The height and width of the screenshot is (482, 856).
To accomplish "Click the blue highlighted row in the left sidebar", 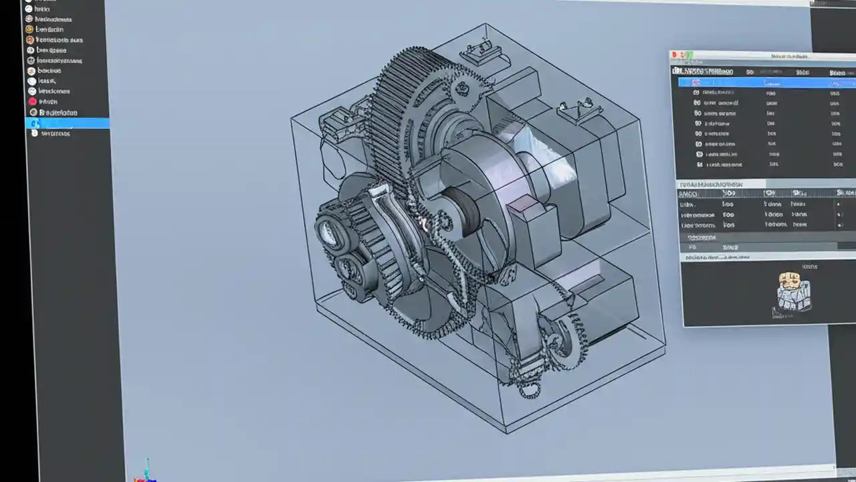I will click(x=67, y=123).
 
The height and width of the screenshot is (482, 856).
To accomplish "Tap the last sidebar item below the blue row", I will click(x=53, y=133).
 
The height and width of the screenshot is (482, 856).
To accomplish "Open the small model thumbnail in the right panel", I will click(x=794, y=291).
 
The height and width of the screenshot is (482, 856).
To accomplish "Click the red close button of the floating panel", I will click(x=675, y=55).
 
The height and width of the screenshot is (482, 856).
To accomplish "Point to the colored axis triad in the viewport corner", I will click(x=146, y=471).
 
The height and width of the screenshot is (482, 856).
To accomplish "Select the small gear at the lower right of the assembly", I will click(x=568, y=341).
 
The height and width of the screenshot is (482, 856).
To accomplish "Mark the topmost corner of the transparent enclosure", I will click(x=486, y=24).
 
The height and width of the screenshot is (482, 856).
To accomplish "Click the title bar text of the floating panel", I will click(x=789, y=56).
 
